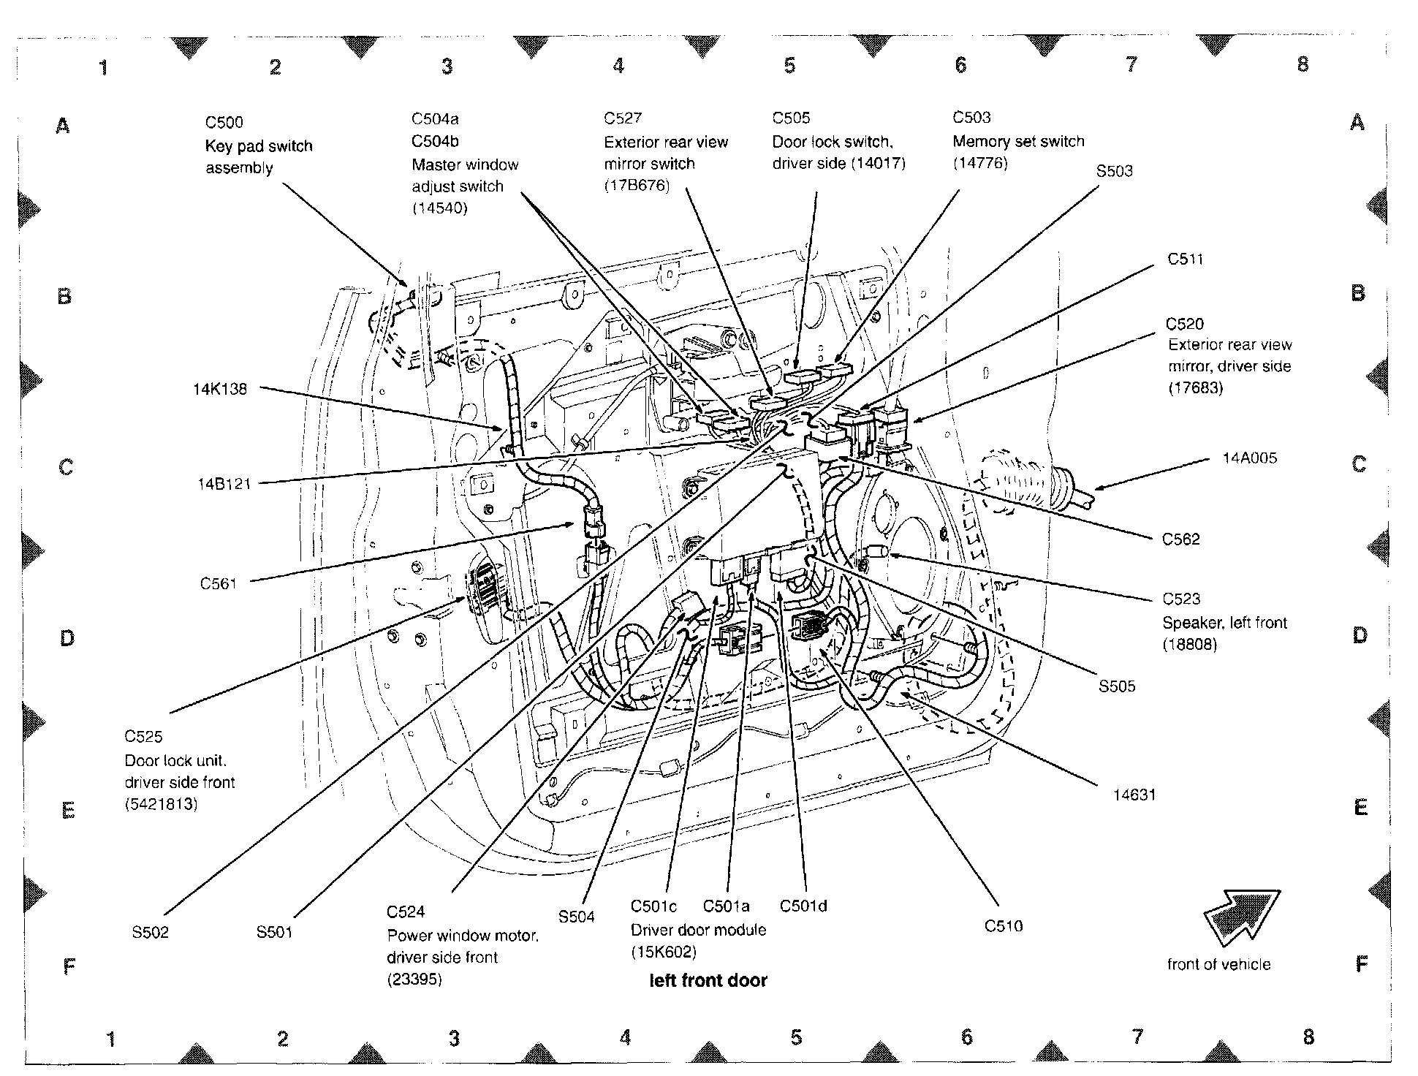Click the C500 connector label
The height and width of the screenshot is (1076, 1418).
(x=224, y=123)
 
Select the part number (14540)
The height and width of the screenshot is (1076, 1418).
(x=439, y=208)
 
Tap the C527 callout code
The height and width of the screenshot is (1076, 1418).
(x=623, y=118)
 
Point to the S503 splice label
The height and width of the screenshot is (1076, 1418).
(x=1114, y=171)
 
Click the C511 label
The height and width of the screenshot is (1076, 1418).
(x=1185, y=259)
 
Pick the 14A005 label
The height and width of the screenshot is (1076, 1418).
(x=1249, y=458)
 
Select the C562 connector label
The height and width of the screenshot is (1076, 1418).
(x=1181, y=539)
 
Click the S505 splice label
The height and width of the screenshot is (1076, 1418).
(x=1117, y=686)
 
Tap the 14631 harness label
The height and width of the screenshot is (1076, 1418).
(x=1134, y=795)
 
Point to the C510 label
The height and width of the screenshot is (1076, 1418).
(x=1004, y=926)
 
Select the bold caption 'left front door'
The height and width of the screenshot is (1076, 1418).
(x=708, y=981)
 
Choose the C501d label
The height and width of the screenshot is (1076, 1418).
(x=803, y=906)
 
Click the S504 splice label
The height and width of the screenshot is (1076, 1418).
(x=576, y=917)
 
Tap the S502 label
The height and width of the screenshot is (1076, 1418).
(x=151, y=933)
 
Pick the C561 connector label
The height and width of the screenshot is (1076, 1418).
(x=219, y=584)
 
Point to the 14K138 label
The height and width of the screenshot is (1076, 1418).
(x=220, y=389)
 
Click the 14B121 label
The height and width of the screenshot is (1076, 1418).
(x=224, y=484)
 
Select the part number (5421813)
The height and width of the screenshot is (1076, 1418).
(x=161, y=805)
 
